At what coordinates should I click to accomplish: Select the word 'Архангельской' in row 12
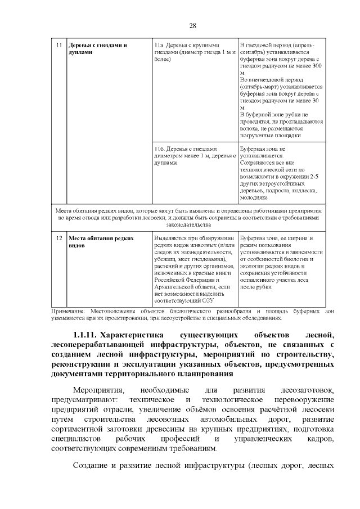pyautogui.click(x=175, y=286)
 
